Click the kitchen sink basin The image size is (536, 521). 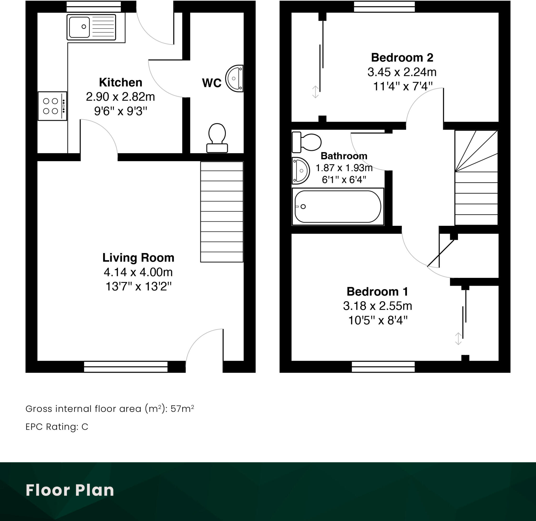click(x=79, y=27)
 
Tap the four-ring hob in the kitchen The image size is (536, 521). click(x=51, y=106)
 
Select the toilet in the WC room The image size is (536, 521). click(x=217, y=138)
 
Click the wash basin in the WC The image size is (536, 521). click(x=234, y=79)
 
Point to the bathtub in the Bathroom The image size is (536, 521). click(x=338, y=206)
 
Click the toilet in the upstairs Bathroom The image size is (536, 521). click(x=306, y=142)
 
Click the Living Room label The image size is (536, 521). click(x=138, y=258)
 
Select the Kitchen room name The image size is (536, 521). click(x=120, y=82)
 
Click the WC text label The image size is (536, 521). click(x=211, y=83)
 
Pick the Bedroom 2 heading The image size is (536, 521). click(x=402, y=58)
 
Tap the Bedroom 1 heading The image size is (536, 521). click(x=377, y=292)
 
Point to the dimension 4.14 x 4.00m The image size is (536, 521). click(x=138, y=272)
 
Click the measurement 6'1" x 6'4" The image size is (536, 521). click(x=344, y=180)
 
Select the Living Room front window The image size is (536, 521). click(x=126, y=367)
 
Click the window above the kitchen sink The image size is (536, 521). click(x=94, y=7)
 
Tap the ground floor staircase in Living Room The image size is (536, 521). click(x=222, y=212)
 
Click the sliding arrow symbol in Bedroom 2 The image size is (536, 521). click(x=315, y=92)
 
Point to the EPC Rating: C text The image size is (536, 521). click(x=57, y=427)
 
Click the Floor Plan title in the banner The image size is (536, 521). click(x=70, y=490)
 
